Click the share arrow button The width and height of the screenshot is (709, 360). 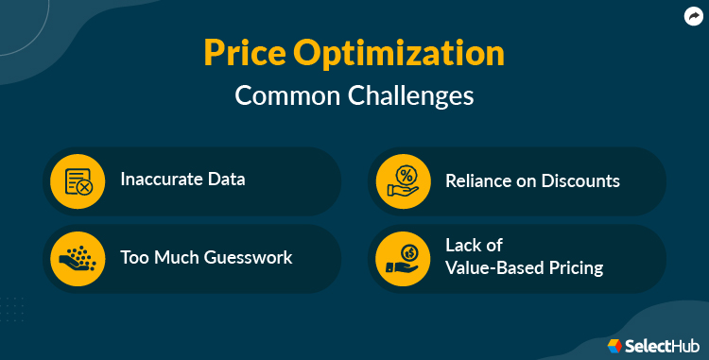[692, 16]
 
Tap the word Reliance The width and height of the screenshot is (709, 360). [479, 179]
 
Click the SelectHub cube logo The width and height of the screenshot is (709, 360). [614, 346]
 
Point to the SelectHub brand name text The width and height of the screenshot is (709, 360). [660, 346]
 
